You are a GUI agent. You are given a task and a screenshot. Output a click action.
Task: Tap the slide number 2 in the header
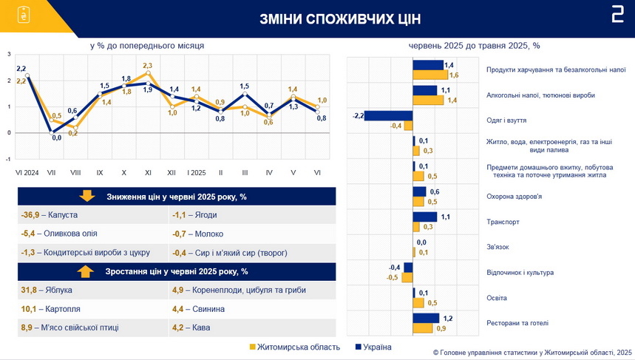[x=617, y=16]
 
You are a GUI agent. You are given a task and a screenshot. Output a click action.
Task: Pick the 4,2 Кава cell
[x=252, y=327]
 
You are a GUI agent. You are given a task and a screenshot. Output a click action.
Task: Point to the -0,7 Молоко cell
[x=252, y=234]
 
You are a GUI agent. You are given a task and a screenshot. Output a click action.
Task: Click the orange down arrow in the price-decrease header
[x=86, y=196]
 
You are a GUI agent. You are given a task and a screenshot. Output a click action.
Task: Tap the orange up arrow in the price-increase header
[x=86, y=271]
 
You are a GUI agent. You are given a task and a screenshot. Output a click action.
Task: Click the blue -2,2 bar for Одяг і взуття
[x=388, y=116]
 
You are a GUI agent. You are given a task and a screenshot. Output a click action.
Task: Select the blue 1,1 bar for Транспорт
[x=425, y=217]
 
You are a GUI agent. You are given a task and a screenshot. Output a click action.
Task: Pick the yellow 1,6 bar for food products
[x=430, y=75]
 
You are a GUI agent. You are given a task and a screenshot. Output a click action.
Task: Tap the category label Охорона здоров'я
[x=514, y=197]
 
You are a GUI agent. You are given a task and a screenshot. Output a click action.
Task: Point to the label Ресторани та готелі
[x=517, y=323]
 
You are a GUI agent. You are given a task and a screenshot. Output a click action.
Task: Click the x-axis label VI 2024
[x=27, y=173]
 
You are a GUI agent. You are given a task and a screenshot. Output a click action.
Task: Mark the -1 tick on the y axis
[x=9, y=159]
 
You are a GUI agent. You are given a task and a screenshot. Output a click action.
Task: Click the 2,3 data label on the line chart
[x=147, y=66]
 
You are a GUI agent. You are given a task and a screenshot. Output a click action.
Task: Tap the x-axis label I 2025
[x=196, y=173]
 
